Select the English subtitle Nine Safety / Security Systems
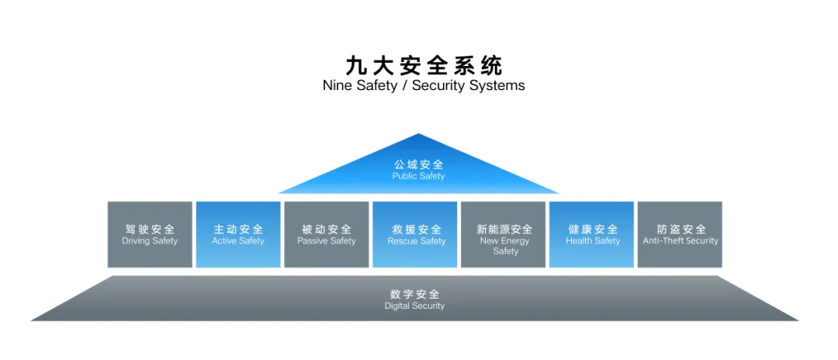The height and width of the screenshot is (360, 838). coord(423,85)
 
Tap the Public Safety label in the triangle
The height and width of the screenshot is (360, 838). coord(418,176)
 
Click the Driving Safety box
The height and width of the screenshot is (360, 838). coord(150,234)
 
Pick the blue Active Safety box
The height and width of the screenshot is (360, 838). coord(238,234)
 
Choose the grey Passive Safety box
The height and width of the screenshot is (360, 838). coord(327,234)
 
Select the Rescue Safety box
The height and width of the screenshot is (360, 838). coord(417,234)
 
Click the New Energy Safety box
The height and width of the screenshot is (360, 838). coord(505,234)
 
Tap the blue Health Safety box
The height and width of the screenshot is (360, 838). coord(593,234)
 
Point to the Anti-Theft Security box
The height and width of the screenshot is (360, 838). coord(680,234)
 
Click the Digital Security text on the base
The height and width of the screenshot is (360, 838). coord(414,306)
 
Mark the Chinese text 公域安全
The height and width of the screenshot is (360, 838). coord(418,164)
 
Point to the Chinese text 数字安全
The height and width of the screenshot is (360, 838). coord(414,294)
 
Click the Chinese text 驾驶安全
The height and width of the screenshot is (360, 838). coord(150,229)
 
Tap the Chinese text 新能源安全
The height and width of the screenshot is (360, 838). coord(505,229)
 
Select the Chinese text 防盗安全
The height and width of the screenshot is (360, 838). coord(681,229)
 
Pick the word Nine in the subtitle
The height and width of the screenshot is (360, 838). coord(337,85)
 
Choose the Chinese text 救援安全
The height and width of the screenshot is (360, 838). coord(417,229)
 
